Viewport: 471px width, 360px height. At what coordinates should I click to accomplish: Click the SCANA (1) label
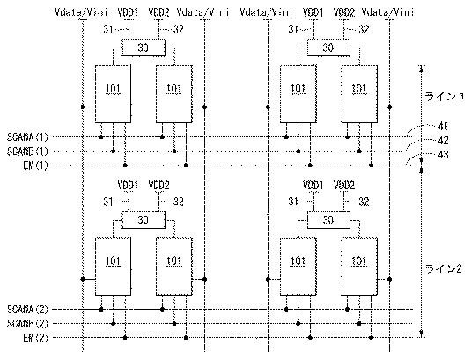(27, 137)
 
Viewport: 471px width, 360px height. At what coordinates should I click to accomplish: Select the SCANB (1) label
(27, 151)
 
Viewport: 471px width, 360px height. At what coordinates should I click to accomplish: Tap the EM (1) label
(35, 165)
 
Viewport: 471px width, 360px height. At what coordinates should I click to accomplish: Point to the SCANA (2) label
(27, 309)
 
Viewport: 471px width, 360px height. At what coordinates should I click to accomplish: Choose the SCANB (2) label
(27, 323)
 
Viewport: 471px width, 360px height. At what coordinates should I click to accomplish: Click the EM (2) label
(35, 337)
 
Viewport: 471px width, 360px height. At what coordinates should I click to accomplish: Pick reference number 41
(443, 126)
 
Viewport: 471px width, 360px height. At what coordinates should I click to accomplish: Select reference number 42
(443, 140)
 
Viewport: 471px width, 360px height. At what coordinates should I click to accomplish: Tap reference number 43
(443, 154)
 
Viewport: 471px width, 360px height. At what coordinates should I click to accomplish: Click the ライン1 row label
(444, 97)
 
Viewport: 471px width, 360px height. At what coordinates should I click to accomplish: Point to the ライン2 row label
(444, 268)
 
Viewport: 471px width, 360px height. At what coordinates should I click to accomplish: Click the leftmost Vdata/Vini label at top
(81, 12)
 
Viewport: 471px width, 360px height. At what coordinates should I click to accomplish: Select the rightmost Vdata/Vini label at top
(387, 12)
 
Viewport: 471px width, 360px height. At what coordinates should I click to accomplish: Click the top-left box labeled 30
(144, 48)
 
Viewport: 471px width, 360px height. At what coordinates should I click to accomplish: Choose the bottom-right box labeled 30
(328, 220)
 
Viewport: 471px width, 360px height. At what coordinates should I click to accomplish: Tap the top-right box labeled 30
(328, 48)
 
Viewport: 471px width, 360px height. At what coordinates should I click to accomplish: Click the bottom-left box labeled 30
(144, 220)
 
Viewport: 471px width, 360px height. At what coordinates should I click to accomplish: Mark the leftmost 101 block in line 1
(113, 94)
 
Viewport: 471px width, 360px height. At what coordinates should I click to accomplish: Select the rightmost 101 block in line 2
(359, 267)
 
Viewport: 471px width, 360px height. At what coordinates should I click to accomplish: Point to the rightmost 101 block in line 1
(359, 94)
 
